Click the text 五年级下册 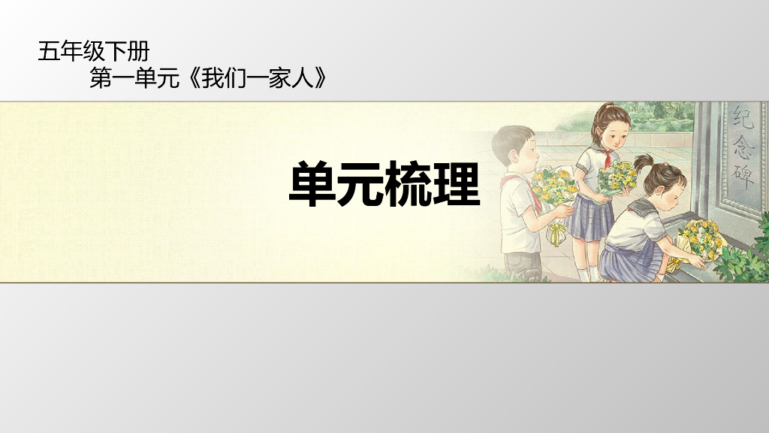pos(94,52)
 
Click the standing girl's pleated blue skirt pos(590,218)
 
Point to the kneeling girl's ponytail pos(644,162)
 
